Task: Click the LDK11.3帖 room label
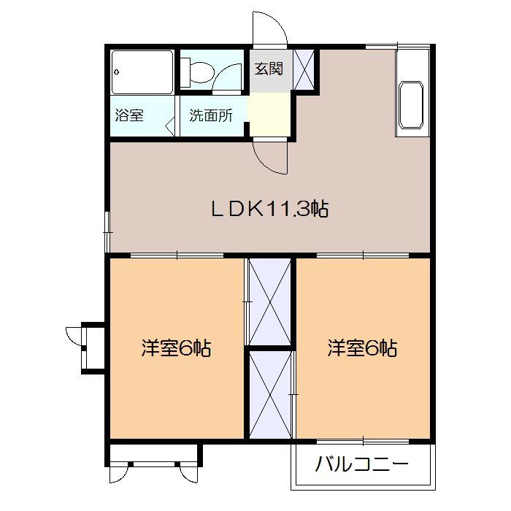270,210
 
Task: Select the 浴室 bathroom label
129,115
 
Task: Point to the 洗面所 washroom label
211,115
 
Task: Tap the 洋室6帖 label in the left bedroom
176,348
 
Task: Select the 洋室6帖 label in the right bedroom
362,348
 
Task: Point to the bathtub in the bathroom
142,72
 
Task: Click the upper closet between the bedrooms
269,301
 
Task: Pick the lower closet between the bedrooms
269,396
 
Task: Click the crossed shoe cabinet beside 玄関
304,70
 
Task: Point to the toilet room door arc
230,77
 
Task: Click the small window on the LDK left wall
107,231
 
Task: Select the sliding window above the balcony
363,441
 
